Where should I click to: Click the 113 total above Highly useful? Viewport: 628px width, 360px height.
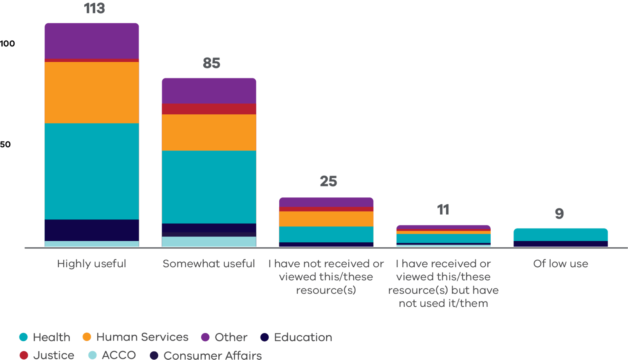(94, 9)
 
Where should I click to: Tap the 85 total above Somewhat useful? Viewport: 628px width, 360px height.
(211, 63)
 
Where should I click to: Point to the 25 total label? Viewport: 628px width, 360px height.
(328, 181)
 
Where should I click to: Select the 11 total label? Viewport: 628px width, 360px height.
(443, 210)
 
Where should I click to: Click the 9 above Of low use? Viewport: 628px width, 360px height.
(559, 214)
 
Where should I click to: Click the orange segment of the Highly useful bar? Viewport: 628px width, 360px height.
(92, 92)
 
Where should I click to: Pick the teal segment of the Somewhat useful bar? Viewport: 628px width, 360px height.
(209, 187)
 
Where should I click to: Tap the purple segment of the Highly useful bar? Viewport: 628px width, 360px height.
(92, 41)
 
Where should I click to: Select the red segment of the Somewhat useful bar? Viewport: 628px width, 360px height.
(209, 109)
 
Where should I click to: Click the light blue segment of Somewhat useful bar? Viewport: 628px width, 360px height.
(209, 242)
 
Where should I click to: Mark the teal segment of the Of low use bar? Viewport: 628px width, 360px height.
(561, 235)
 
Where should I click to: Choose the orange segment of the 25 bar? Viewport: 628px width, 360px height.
(326, 219)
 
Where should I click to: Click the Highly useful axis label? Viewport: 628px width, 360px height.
(92, 264)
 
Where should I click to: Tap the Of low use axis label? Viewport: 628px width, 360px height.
(561, 264)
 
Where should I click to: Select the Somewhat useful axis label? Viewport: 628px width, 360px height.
(209, 264)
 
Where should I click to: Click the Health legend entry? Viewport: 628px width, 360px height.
(45, 337)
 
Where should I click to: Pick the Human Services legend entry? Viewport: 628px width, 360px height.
(136, 337)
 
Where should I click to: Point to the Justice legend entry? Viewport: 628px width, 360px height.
(47, 355)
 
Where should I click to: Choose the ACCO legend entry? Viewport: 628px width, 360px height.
(112, 355)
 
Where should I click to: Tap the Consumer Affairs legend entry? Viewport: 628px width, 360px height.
(206, 355)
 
